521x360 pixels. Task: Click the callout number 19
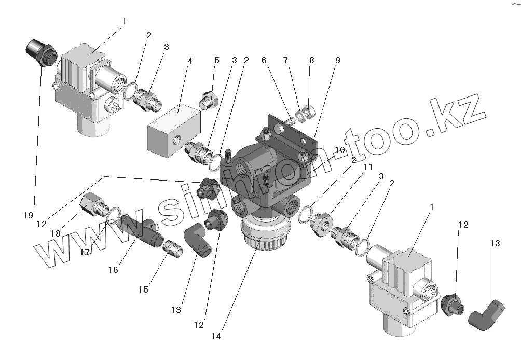tap(28, 215)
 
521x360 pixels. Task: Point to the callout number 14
tap(216, 336)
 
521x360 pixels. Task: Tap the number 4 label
tap(190, 61)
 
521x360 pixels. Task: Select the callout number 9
tap(337, 60)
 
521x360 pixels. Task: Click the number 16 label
tap(114, 270)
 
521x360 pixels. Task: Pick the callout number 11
tap(368, 168)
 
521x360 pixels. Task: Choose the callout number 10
tap(340, 149)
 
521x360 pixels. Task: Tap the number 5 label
tap(217, 61)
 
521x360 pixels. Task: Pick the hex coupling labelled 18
tap(92, 203)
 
